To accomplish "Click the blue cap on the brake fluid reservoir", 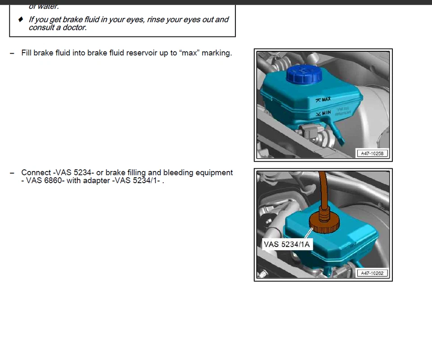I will pyautogui.click(x=304, y=74).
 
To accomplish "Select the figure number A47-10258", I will pyautogui.click(x=372, y=153).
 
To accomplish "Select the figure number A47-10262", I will pyautogui.click(x=372, y=273).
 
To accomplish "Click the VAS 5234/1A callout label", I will pyautogui.click(x=287, y=244).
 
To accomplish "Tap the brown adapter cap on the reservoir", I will pyautogui.click(x=324, y=223).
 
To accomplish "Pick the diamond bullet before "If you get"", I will pyautogui.click(x=21, y=19).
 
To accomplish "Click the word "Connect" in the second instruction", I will pyautogui.click(x=36, y=173).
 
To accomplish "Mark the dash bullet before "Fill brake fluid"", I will pyautogui.click(x=12, y=53).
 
